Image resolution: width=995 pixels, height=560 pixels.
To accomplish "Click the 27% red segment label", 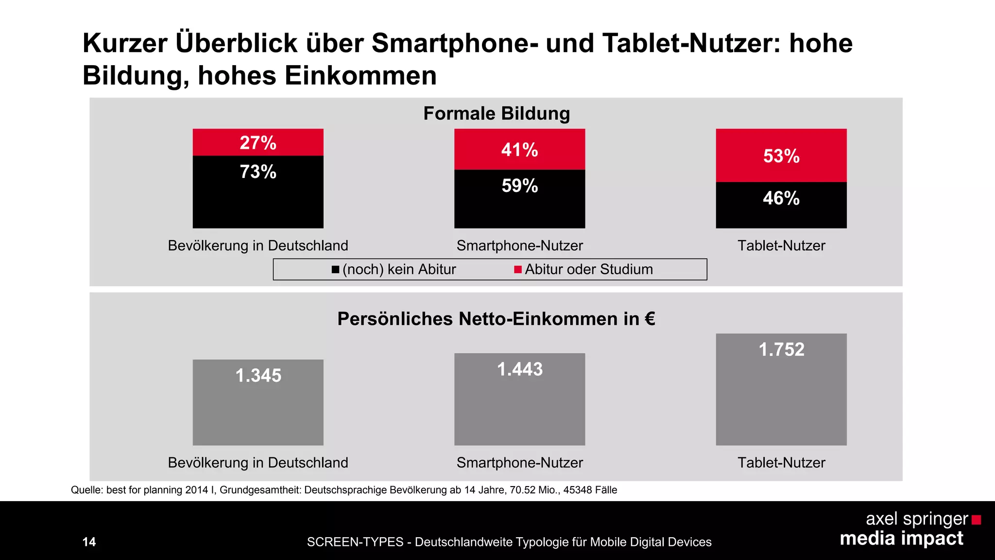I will point(258,143).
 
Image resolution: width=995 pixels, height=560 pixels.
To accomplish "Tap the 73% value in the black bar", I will point(258,172).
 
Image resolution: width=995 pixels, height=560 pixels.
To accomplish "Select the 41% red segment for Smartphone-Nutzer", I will point(519,149).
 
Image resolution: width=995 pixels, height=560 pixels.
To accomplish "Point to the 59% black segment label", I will point(519,186).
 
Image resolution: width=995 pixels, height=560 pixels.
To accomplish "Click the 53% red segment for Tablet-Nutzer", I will point(781,156).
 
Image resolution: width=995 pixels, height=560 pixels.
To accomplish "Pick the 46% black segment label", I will point(781,198).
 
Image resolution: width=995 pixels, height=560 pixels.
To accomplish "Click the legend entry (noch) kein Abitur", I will point(394,269).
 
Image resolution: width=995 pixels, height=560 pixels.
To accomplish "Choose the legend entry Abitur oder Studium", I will point(583,269).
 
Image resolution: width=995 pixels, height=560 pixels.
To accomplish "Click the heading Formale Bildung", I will point(497,113).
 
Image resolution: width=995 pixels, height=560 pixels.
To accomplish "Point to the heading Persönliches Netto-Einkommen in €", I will point(496,319).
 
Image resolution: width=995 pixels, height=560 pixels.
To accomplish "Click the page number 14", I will point(89,542).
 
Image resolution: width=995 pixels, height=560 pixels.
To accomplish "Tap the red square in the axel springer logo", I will point(976,520).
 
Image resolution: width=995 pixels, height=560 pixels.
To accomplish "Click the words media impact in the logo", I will point(901,539).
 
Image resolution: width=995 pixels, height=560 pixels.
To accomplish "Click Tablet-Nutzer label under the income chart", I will point(781,462).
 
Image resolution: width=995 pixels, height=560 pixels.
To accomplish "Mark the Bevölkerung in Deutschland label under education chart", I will point(258,245).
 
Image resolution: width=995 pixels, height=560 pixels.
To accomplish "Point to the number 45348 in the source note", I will point(577,490).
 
